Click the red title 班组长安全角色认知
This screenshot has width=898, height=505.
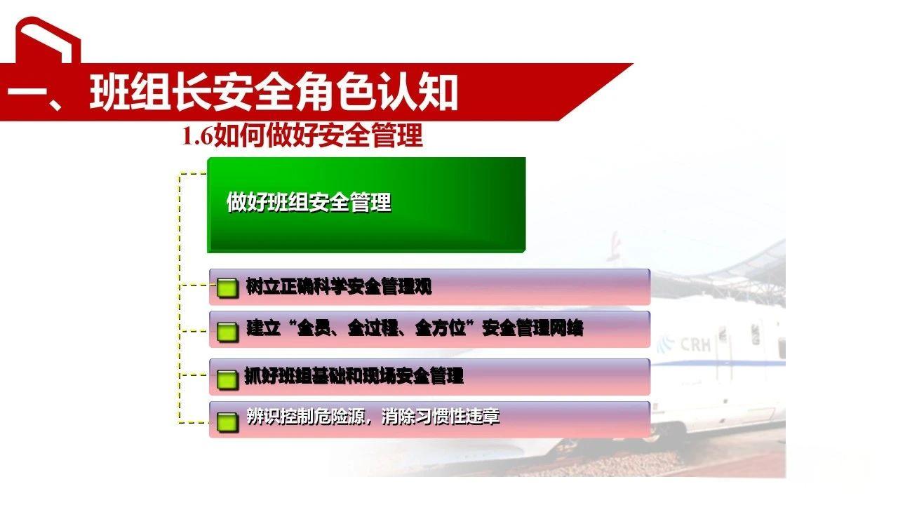pos(274,93)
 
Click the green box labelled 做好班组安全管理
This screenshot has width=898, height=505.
pos(366,204)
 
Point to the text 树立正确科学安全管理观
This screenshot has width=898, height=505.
pos(339,287)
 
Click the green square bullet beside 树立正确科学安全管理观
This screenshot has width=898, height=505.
pos(227,288)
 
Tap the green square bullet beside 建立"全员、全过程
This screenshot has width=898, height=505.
pos(227,330)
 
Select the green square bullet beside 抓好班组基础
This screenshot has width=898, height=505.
pos(227,379)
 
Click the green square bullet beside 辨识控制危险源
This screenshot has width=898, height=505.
pos(227,421)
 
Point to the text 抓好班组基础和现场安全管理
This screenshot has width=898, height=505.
pos(354,377)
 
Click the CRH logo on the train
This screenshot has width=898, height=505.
pos(695,344)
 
